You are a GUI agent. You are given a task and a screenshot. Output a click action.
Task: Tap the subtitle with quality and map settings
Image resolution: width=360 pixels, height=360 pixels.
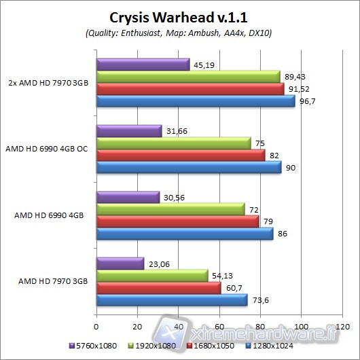pyautogui.click(x=180, y=32)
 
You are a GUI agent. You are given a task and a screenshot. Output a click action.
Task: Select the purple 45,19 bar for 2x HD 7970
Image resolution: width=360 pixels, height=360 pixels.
pyautogui.click(x=143, y=65)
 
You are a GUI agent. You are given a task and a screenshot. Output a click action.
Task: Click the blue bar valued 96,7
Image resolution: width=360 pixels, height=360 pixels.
pyautogui.click(x=196, y=101)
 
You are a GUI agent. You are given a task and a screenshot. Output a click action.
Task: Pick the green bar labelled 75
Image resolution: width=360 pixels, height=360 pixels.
pyautogui.click(x=174, y=143)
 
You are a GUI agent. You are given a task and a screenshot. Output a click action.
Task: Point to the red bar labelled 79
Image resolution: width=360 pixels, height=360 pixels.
pyautogui.click(x=177, y=221)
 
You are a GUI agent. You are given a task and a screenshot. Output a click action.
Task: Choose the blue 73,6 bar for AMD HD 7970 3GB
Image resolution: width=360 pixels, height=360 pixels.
pyautogui.click(x=172, y=300)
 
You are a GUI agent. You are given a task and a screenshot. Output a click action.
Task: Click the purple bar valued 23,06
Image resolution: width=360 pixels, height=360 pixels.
pyautogui.click(x=120, y=263)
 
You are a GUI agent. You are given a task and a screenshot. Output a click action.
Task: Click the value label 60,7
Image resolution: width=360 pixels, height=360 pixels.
pyautogui.click(x=234, y=287)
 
